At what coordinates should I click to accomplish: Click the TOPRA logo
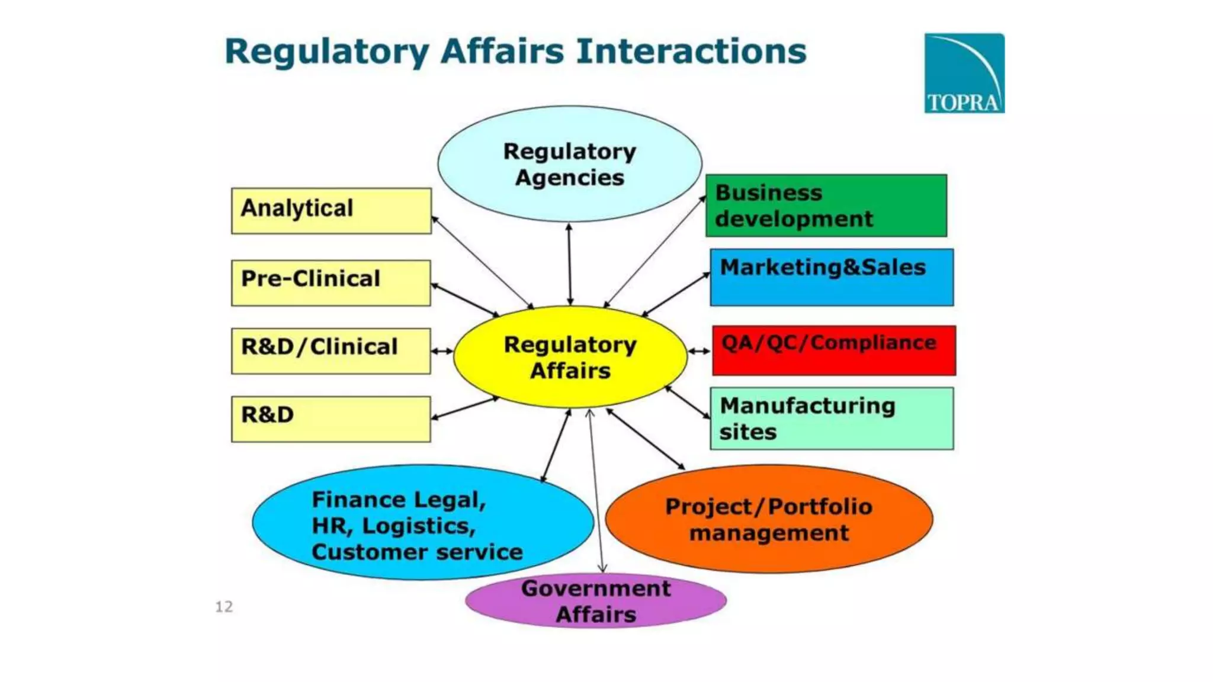coord(964,73)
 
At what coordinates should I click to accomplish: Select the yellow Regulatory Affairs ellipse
coord(570,357)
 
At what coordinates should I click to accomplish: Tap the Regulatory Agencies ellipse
coord(569,164)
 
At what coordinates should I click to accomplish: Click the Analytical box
coord(331,211)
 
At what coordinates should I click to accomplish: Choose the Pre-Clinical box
coord(331,282)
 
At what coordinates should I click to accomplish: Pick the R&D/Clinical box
coord(331,350)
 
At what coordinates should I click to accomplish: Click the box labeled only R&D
coord(331,419)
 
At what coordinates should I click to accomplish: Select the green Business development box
coord(826,205)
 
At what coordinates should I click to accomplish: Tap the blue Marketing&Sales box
coord(832,277)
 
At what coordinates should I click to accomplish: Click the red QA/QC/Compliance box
coord(834,350)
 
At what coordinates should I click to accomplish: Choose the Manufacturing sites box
coord(832,418)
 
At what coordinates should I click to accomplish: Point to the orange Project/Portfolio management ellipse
coord(769,519)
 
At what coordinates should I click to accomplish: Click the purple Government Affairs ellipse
coord(596,601)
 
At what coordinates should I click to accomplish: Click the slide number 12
coord(224,606)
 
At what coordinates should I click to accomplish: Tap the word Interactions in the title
coord(691,51)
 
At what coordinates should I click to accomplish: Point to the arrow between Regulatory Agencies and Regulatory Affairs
coord(569,264)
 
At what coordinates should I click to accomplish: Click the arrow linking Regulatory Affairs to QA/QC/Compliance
coord(699,351)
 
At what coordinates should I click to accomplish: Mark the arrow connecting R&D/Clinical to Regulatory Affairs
coord(442,351)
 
